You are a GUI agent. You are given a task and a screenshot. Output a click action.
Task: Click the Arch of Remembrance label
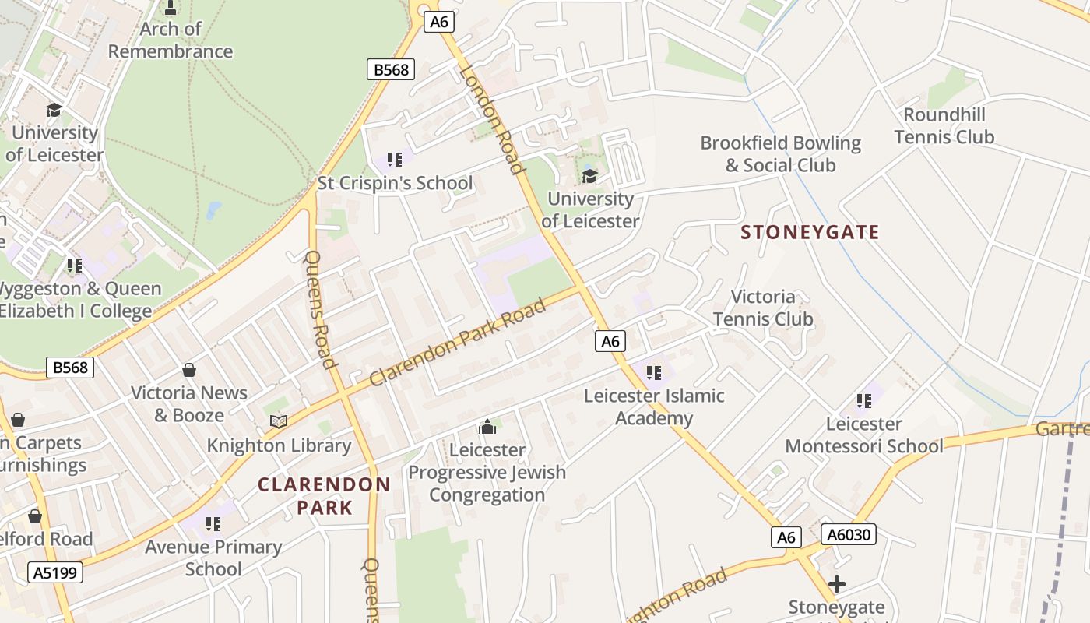(171, 40)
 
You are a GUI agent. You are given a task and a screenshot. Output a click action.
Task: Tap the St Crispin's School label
(395, 184)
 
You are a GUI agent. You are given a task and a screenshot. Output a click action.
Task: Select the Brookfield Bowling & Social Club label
(780, 154)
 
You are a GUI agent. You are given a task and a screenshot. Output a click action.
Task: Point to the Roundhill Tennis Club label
(944, 126)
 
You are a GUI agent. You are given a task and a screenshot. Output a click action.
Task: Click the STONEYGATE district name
(810, 232)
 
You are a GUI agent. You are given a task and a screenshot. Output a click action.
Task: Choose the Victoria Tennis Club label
(763, 308)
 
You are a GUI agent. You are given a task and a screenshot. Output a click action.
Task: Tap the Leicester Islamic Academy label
(654, 407)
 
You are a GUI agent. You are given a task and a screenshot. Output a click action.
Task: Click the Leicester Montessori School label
(864, 435)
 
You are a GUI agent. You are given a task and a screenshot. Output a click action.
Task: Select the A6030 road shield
(848, 535)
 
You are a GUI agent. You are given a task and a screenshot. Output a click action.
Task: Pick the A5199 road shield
(54, 573)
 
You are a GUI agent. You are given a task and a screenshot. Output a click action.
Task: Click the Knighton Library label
(279, 446)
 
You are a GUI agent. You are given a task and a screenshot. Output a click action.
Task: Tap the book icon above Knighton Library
(279, 421)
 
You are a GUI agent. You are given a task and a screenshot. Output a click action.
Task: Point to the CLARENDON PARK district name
(324, 496)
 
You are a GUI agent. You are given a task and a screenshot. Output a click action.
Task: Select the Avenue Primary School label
(213, 558)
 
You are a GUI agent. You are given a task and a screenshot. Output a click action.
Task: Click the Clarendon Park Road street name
(458, 342)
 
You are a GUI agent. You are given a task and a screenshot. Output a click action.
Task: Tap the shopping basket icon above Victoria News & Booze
(189, 369)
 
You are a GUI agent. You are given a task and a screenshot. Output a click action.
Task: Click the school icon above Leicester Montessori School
(864, 401)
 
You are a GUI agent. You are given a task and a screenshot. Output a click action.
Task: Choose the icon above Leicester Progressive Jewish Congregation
(487, 427)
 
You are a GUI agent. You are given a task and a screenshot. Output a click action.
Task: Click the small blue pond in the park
(213, 210)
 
